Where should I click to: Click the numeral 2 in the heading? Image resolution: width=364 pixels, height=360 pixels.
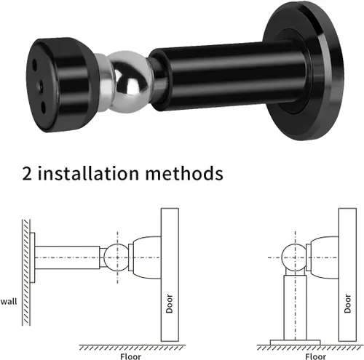click(27, 175)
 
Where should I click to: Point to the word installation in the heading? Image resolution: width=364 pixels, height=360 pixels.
click(88, 175)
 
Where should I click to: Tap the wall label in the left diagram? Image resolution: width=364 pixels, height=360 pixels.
click(9, 300)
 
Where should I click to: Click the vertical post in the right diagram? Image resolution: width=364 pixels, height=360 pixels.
click(295, 305)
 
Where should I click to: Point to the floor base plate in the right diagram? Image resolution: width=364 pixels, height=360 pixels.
click(295, 341)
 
